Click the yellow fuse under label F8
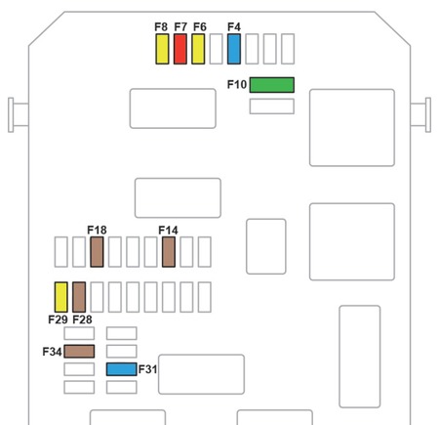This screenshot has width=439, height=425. click(162, 49)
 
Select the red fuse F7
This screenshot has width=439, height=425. click(180, 49)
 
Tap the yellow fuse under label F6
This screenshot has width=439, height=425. click(198, 49)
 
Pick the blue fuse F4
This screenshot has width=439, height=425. click(234, 49)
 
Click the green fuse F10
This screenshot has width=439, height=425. click(272, 85)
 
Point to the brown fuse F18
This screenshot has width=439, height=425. click(97, 252)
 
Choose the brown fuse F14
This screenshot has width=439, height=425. click(169, 252)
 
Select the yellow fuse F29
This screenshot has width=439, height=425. click(61, 297)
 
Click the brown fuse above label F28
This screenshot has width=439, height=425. click(79, 297)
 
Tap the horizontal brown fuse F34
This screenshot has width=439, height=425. click(79, 352)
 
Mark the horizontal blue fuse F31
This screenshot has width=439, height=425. click(122, 369)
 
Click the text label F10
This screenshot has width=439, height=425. click(237, 85)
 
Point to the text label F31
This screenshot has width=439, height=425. click(147, 369)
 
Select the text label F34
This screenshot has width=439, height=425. click(52, 352)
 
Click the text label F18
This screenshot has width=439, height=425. click(97, 231)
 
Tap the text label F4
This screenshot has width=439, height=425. click(234, 26)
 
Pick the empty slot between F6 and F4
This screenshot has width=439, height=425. click(217, 49)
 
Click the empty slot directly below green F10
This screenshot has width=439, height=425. click(272, 106)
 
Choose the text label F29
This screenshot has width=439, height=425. click(58, 319)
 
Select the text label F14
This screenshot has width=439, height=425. click(168, 231)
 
